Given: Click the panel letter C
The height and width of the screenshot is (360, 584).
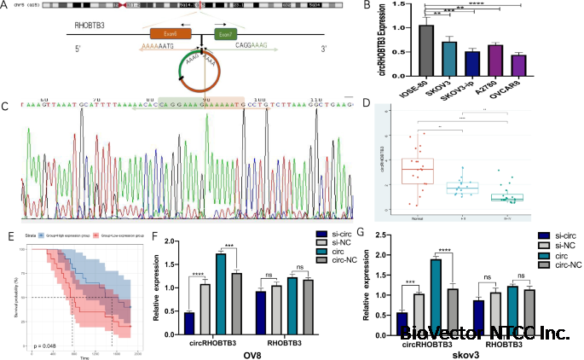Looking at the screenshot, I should (x=7, y=108).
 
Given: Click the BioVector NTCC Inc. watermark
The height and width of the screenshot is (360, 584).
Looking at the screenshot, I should (x=483, y=334).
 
